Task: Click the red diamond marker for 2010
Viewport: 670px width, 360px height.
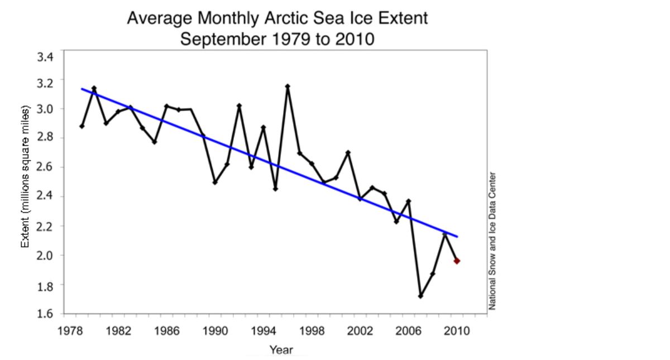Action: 457,261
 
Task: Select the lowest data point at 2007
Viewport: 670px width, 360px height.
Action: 420,296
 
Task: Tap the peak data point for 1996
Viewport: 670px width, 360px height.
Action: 288,87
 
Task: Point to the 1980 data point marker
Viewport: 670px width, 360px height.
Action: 94,88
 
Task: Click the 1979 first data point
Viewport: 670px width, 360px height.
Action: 82,126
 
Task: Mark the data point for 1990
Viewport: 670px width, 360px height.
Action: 215,182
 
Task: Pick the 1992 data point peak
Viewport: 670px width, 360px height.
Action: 239,105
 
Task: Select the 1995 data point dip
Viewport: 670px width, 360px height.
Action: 275,189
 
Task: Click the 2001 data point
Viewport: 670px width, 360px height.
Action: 348,152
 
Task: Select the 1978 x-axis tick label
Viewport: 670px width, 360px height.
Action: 70,330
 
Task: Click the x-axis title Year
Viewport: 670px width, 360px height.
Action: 281,350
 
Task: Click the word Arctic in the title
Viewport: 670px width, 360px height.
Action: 291,18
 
